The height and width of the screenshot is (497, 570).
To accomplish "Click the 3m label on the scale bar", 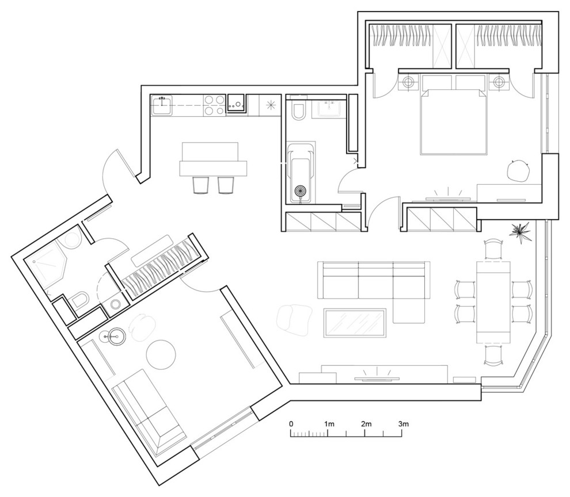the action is pos(404,423).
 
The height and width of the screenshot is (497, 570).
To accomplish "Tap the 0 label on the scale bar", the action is pos(291,423).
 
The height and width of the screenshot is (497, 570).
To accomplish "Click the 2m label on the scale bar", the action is pos(366,423).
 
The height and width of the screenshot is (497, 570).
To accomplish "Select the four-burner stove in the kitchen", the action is pos(214,105).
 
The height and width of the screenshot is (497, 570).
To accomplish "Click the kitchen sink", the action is pos(162,106).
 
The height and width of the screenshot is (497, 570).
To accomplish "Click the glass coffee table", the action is pos(355,323).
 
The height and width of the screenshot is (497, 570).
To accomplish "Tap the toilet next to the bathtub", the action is pos(298,112).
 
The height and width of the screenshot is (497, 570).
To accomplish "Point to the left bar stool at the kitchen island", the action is pos(200,185).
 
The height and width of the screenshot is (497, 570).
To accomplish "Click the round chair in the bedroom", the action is pos(518,170).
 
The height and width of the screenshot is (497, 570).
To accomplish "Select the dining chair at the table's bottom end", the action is pos(493,355).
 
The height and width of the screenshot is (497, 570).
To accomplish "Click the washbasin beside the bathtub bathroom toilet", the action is pos(329,108).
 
